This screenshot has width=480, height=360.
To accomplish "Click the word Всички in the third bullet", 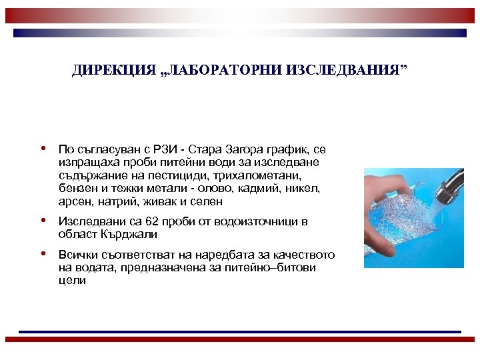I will (x=77, y=255).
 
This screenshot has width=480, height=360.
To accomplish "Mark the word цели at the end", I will (x=72, y=281).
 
